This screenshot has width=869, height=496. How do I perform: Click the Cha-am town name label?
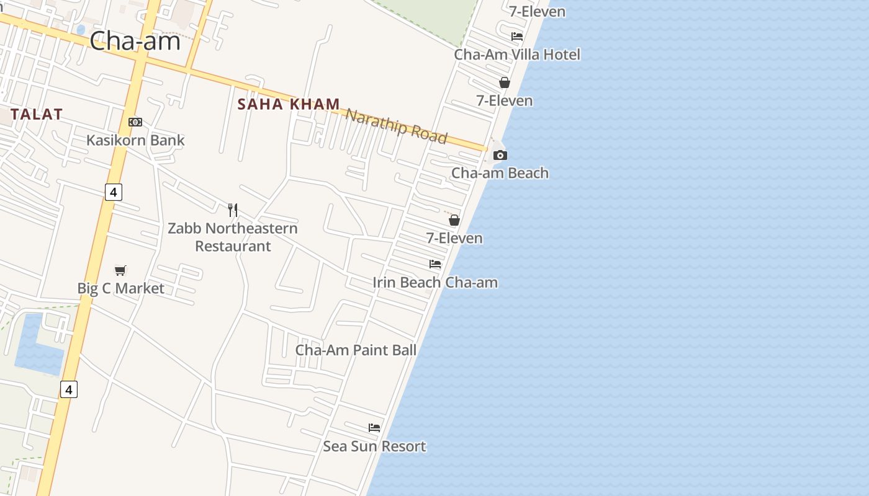pos(135,41)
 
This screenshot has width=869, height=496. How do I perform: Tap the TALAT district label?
pos(36,114)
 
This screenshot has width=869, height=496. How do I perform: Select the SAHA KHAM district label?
pos(289,104)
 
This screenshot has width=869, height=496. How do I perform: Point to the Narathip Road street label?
pos(396,125)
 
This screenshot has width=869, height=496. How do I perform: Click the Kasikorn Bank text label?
pos(135,140)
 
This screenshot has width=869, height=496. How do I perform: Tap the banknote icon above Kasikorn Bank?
pos(135,122)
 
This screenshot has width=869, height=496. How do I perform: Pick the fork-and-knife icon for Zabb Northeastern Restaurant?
pos(233,210)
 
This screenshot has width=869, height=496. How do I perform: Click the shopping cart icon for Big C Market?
pos(120,270)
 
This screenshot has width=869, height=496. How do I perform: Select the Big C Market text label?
pos(120,288)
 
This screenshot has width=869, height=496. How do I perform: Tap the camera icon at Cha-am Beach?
pos(500,155)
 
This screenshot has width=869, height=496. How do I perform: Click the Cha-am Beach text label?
pos(500,173)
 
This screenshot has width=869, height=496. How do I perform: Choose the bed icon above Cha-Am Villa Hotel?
pos(517,36)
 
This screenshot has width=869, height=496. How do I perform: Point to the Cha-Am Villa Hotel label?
pos(517,55)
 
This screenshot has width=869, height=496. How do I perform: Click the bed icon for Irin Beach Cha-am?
pos(435,264)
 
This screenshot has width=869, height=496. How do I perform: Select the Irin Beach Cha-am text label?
pos(435,283)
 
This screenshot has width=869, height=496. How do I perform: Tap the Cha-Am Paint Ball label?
pos(356,350)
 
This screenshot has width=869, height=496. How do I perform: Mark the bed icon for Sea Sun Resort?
pos(374,428)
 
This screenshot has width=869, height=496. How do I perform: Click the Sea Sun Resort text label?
pos(374,446)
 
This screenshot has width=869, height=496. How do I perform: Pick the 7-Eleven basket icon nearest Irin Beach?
pos(454,220)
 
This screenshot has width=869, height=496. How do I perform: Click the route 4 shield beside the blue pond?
pos(69,389)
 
